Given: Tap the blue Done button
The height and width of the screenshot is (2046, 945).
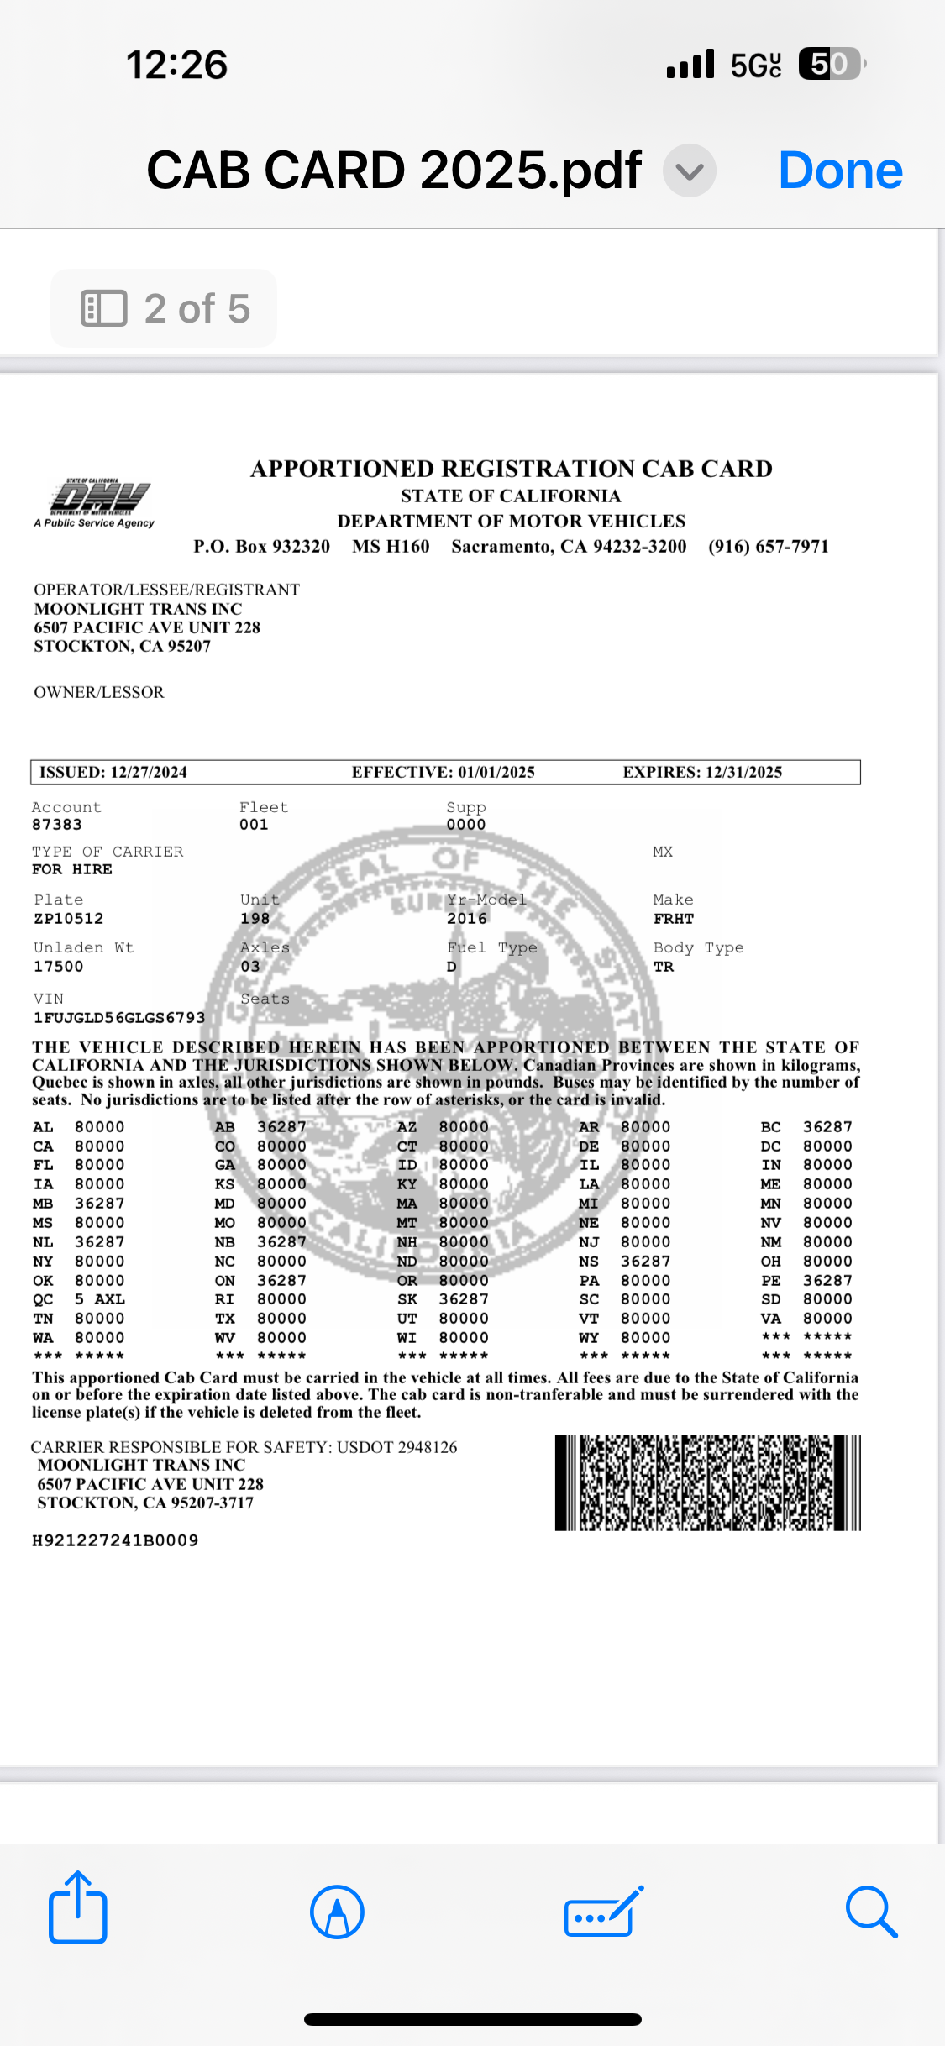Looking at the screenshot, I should tap(840, 170).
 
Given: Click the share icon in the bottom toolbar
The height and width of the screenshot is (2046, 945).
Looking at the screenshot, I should tap(77, 1907).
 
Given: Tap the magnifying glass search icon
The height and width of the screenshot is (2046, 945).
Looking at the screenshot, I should tap(871, 1911).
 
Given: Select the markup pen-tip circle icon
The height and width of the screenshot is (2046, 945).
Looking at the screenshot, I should tap(337, 1912).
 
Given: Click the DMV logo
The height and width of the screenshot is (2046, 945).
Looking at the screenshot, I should tap(95, 502).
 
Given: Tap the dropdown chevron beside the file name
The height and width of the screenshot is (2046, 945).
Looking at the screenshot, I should tap(689, 171).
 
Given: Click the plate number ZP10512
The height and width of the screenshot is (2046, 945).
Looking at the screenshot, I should tap(69, 919).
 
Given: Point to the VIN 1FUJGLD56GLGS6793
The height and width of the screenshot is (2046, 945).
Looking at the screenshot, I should tap(118, 1018).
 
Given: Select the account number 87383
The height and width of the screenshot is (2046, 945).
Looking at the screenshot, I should tap(57, 825).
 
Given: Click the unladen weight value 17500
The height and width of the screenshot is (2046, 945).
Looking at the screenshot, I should tap(59, 967).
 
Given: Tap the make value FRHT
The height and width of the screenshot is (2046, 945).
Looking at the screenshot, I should tap(674, 919).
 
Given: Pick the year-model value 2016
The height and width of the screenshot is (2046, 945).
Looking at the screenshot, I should tap(467, 919).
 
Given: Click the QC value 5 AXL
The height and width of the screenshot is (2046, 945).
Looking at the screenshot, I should tap(100, 1299).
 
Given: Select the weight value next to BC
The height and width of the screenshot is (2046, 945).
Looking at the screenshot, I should tap(827, 1127).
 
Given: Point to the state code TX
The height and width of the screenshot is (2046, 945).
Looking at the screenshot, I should tap(225, 1319).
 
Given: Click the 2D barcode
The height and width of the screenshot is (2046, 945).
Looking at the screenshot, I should tap(707, 1482).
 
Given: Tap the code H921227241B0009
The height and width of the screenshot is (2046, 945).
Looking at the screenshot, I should tap(115, 1540).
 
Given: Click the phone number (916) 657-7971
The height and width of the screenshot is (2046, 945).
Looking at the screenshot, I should tap(768, 547).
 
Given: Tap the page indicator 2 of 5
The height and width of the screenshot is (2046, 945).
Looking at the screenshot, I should tap(165, 308).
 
